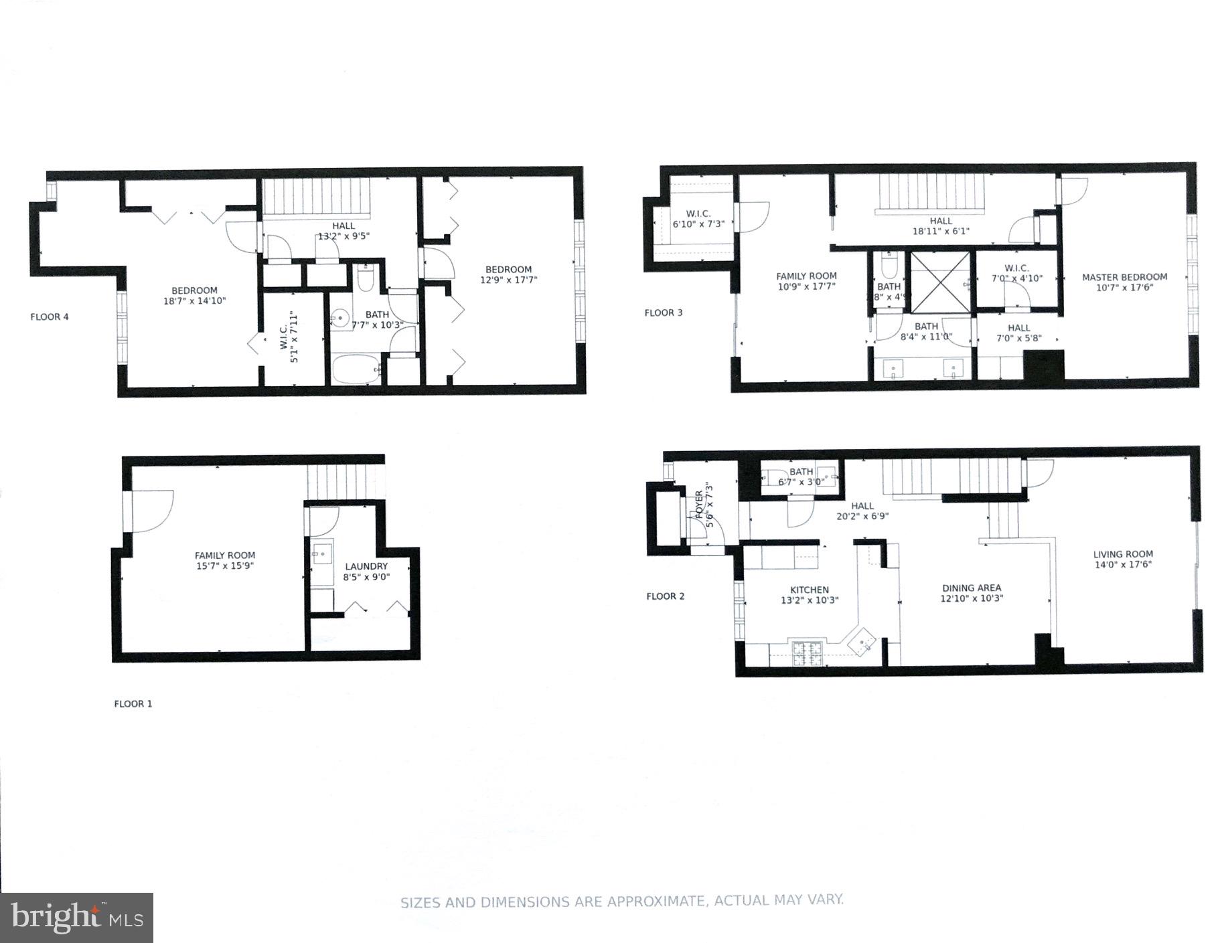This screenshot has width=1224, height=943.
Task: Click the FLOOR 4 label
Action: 50,317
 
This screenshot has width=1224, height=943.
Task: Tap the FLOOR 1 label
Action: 133,703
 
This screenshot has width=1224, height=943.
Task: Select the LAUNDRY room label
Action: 366,566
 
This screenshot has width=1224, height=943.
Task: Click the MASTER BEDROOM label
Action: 1124,276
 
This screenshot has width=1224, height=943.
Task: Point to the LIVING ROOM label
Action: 1123,554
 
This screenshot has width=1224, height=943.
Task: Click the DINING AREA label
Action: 971,588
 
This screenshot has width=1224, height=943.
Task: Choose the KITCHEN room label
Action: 810,590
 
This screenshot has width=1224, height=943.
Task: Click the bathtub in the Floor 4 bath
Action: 356,369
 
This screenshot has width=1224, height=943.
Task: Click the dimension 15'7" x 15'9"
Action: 225,566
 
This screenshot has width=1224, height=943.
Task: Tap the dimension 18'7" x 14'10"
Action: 194,301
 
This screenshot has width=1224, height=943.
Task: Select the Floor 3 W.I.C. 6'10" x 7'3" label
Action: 698,219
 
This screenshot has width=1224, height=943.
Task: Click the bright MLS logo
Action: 76,918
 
